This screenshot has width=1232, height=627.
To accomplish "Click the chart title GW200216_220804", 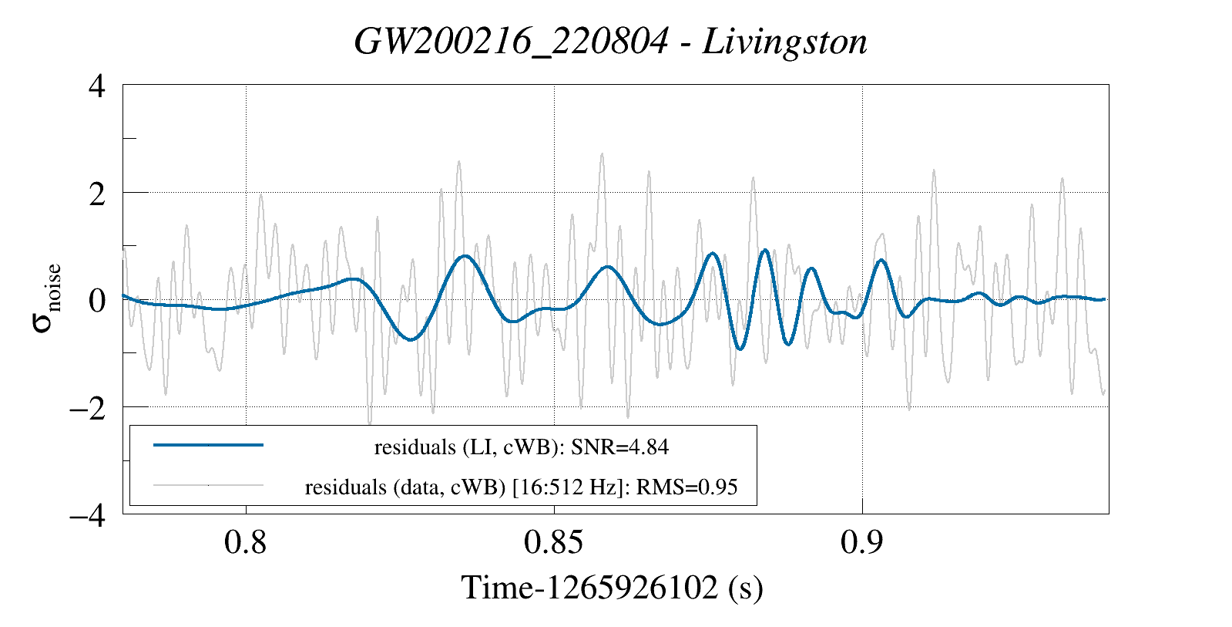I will pyautogui.click(x=511, y=42).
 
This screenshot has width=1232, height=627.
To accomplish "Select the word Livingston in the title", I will pyautogui.click(x=785, y=42).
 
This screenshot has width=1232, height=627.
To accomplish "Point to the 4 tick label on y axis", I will pyautogui.click(x=97, y=86).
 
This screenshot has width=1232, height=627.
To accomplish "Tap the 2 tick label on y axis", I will pyautogui.click(x=97, y=193).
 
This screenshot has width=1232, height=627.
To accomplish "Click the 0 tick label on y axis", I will pyautogui.click(x=97, y=300).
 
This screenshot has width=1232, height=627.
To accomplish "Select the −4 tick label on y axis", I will pyautogui.click(x=87, y=514).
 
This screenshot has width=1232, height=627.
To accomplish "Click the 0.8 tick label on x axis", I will pyautogui.click(x=245, y=543).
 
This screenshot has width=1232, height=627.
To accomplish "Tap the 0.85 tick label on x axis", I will pyautogui.click(x=553, y=543).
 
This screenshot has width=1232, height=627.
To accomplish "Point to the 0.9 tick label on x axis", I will pyautogui.click(x=861, y=543).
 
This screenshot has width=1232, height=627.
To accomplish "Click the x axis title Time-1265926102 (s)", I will pyautogui.click(x=613, y=588).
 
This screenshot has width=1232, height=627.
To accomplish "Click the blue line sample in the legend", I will pyautogui.click(x=208, y=445).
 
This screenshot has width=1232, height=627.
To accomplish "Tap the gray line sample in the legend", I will pyautogui.click(x=208, y=486).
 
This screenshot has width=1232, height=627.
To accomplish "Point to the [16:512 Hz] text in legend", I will pyautogui.click(x=566, y=487).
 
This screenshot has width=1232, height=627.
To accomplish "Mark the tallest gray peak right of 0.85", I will pyautogui.click(x=602, y=154).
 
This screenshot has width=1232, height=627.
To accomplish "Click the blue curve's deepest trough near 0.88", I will pyautogui.click(x=740, y=349).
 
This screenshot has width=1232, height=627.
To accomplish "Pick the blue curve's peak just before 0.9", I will pyautogui.click(x=811, y=268).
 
